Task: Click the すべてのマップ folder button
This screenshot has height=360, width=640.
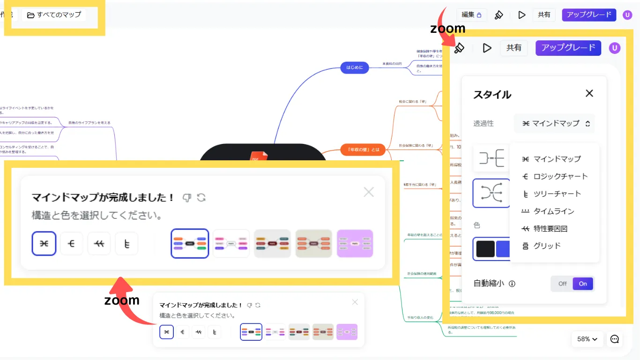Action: pyautogui.click(x=54, y=15)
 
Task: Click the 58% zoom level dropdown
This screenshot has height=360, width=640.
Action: pyautogui.click(x=587, y=339)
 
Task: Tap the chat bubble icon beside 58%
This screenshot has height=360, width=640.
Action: pyautogui.click(x=615, y=339)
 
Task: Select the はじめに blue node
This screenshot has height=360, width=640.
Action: pyautogui.click(x=355, y=68)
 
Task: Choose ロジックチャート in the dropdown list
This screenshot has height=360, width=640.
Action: pyautogui.click(x=555, y=176)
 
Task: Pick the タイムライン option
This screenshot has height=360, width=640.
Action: pyautogui.click(x=548, y=211)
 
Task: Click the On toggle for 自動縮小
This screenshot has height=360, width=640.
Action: pyautogui.click(x=583, y=284)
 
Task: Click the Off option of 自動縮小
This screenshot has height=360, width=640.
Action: pyautogui.click(x=562, y=284)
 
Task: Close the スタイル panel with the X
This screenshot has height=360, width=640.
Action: pyautogui.click(x=589, y=93)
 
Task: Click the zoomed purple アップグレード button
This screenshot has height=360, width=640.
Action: pyautogui.click(x=568, y=47)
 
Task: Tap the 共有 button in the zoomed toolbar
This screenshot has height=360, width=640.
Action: pyautogui.click(x=514, y=48)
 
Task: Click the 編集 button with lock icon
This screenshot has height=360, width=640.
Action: pyautogui.click(x=471, y=15)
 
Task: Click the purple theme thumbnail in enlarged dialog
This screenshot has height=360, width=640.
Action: pyautogui.click(x=355, y=244)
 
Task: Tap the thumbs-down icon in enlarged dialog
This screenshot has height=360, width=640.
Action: pyautogui.click(x=186, y=197)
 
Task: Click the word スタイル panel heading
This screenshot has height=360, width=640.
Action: pyautogui.click(x=492, y=94)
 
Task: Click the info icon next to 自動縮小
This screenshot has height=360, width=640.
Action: pyautogui.click(x=512, y=284)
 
